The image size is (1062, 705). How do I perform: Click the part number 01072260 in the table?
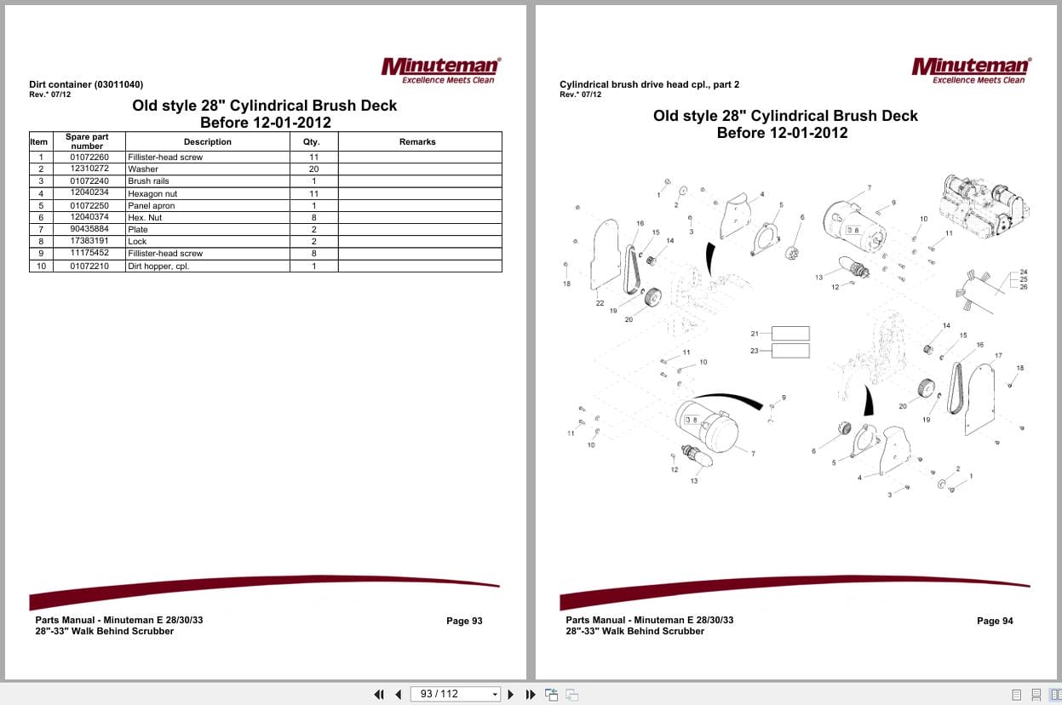click(x=89, y=158)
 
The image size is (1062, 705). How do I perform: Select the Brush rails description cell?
click(x=149, y=181)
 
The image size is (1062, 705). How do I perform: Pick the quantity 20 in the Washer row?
click(x=313, y=169)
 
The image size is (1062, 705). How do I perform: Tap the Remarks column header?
click(x=417, y=142)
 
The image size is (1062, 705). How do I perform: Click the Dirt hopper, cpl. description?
click(x=158, y=267)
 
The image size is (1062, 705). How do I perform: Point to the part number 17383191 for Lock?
click(x=89, y=242)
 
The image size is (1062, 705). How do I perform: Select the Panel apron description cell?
click(x=152, y=205)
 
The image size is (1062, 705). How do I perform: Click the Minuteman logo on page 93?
click(x=441, y=69)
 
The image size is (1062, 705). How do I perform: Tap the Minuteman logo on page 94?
click(x=971, y=69)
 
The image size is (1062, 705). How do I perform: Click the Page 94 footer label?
click(x=995, y=622)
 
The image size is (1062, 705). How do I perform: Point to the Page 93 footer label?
click(x=464, y=622)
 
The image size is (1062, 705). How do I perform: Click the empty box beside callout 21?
click(x=790, y=334)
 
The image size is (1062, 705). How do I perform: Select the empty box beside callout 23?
click(x=790, y=351)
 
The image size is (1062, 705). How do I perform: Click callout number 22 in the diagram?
click(x=600, y=303)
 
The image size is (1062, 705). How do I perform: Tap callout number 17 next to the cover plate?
click(x=998, y=355)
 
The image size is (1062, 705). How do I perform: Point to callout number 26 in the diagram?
click(x=1023, y=287)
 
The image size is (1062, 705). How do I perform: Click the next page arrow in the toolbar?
click(x=511, y=695)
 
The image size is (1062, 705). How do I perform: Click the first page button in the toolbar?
click(x=379, y=695)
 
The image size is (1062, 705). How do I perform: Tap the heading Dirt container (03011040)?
click(x=86, y=84)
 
